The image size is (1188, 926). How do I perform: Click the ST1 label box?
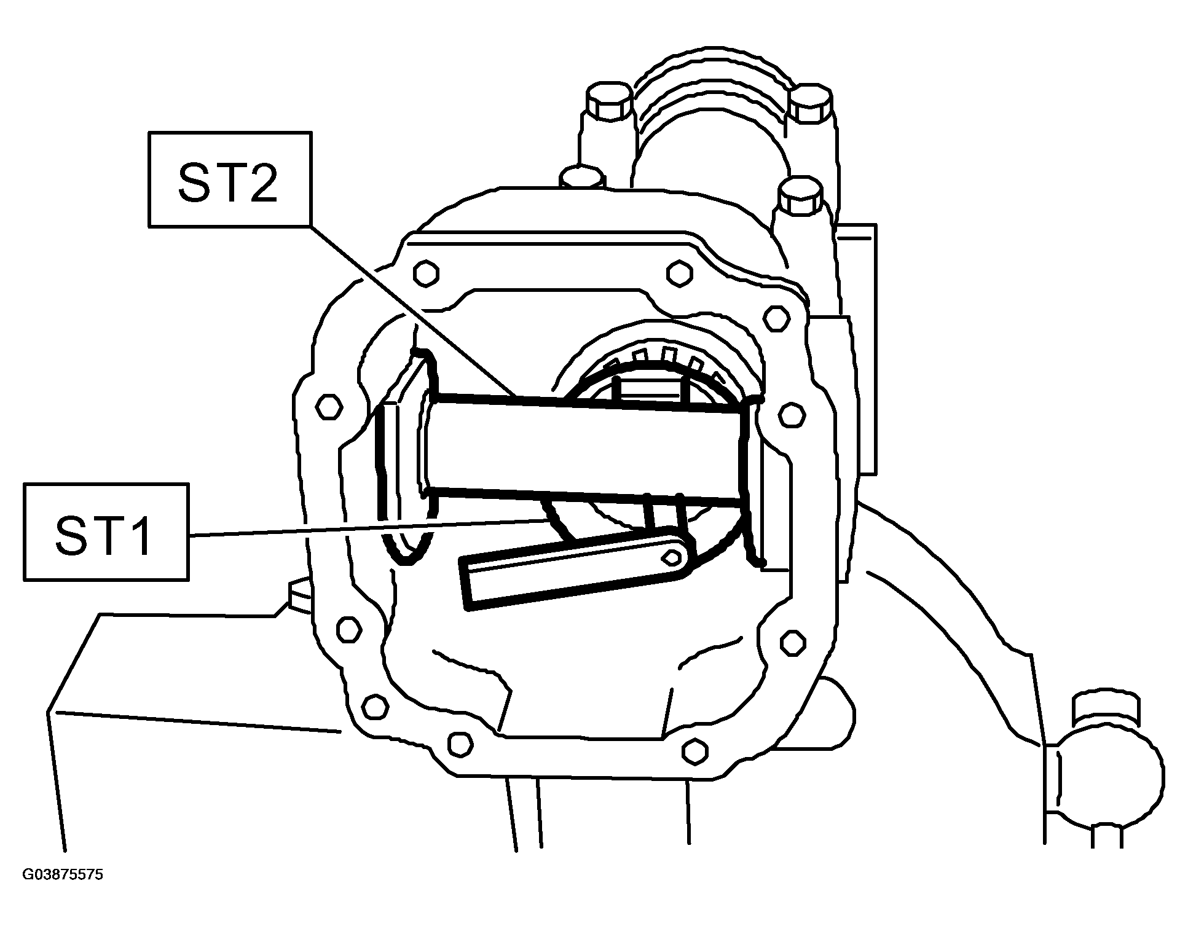pos(106,532)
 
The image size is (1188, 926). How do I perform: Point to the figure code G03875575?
pos(63,874)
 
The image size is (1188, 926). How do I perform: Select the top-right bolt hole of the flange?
pos(679,273)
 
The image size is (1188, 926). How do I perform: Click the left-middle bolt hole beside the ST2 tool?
pos(329,406)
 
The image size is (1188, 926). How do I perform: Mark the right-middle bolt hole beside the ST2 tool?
pos(792,415)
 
